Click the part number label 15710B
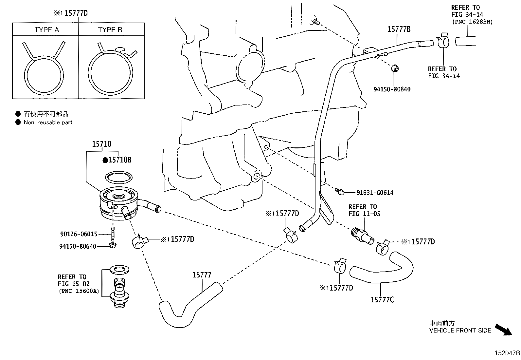click(x=120, y=160)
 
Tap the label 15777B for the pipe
click(x=399, y=29)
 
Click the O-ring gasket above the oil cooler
click(x=119, y=177)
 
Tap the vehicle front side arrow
click(x=503, y=329)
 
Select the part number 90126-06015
click(x=79, y=234)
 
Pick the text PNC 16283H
click(x=472, y=22)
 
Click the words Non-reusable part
click(x=48, y=122)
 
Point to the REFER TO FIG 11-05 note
click(x=363, y=210)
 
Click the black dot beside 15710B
click(x=105, y=160)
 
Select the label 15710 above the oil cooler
click(x=101, y=144)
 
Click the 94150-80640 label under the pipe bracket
click(x=392, y=89)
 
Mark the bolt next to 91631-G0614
click(x=339, y=191)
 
